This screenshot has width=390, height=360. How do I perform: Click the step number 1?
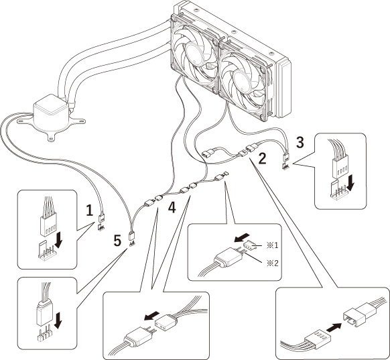(89, 211)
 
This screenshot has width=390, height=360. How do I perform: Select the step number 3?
(300, 143)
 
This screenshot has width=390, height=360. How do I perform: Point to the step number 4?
(172, 208)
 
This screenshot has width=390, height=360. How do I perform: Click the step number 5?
(117, 241)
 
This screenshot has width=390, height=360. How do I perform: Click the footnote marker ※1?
(272, 245)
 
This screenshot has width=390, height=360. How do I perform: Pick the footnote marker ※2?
(272, 263)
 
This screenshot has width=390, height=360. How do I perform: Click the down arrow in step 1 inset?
(59, 240)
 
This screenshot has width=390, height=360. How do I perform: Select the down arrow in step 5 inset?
(58, 320)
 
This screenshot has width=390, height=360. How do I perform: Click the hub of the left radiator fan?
(195, 53)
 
